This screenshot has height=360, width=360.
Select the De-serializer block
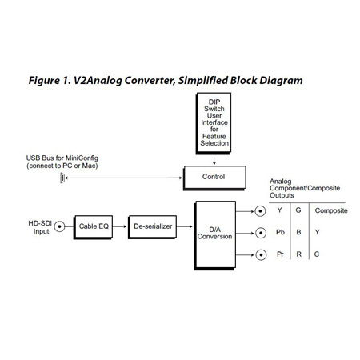click(151, 226)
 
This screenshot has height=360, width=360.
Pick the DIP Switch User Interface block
click(214, 124)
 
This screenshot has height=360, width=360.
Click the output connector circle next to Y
click(260, 211)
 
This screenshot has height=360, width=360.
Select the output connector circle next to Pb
click(260, 234)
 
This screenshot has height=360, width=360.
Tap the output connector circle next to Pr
click(260, 256)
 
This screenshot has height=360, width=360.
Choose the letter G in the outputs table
click(298, 211)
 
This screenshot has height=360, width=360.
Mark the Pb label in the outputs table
click(279, 234)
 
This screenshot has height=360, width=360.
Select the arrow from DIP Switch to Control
click(214, 160)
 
